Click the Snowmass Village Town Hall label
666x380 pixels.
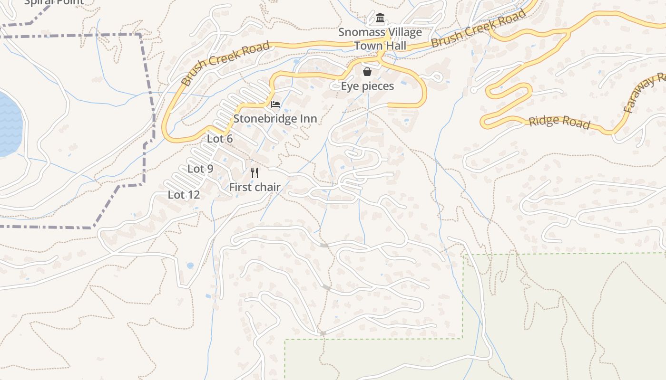coord(380,39)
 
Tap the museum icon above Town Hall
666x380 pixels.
coord(380,19)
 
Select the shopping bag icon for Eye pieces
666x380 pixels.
coord(367,72)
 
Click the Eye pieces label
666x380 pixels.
coord(367,86)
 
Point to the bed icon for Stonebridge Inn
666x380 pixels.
coord(275,104)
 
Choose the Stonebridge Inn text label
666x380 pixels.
coord(275,118)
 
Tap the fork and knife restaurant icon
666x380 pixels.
coord(255,173)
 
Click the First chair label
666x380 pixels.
coord(255,187)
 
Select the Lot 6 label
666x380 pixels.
coord(220,139)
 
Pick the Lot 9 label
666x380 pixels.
coord(200,169)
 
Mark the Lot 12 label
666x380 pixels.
coord(184,195)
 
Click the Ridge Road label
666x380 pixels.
coord(559,122)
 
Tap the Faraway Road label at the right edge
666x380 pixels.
coord(645,93)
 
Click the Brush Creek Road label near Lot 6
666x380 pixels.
coord(225,64)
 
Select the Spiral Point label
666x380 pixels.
coord(53,2)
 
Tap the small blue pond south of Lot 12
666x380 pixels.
coord(190,266)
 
